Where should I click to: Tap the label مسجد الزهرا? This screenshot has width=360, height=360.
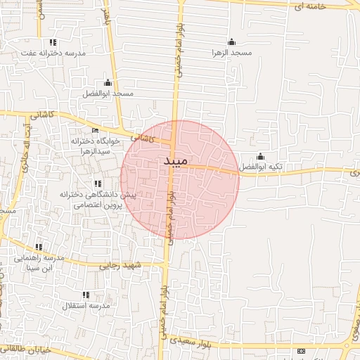[231, 52]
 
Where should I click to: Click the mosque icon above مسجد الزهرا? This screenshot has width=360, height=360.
[232, 41]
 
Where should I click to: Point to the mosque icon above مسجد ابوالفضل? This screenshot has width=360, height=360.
[108, 82]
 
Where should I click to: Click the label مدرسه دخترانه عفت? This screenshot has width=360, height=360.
[53, 53]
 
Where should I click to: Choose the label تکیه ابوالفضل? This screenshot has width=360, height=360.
[261, 167]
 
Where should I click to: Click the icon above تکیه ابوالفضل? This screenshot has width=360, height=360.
[261, 156]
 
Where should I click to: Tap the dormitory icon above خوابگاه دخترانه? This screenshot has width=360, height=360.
[96, 131]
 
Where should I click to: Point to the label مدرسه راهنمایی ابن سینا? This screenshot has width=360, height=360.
[39, 262]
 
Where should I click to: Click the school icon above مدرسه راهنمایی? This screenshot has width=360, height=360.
[39, 247]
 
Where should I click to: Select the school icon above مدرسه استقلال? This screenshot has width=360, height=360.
[86, 295]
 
